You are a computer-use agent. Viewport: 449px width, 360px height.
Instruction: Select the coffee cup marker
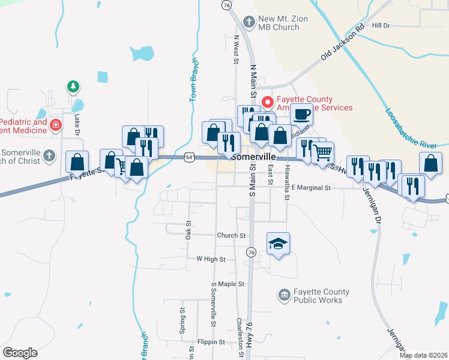pos(302,113)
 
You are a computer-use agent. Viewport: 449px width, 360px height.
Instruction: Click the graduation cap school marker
pos(278,244)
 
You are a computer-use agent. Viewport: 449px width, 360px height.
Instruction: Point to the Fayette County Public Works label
pos(318,296)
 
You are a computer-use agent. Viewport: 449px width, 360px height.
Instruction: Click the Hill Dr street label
pos(381,25)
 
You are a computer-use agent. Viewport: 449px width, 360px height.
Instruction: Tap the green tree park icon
pos(73,87)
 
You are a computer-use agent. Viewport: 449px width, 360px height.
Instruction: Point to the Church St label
pos(232,236)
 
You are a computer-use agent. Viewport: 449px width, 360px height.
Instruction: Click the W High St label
pos(210,259)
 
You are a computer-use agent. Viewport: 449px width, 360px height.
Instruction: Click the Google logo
pos(20,353)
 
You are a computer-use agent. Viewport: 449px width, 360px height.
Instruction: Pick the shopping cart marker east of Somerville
pos(323,154)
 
